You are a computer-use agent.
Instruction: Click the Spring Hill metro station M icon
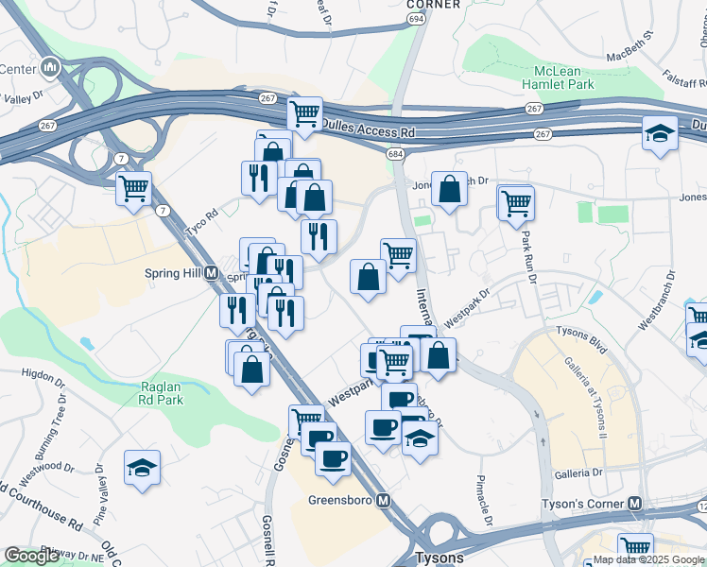(212, 274)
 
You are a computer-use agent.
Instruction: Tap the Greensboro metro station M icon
(383, 500)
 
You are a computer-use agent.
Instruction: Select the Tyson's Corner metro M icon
(636, 503)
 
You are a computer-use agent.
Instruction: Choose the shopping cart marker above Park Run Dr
(516, 201)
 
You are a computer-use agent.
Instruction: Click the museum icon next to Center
(50, 68)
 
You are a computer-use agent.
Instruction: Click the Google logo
(31, 556)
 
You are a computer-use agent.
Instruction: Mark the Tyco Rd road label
(201, 216)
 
